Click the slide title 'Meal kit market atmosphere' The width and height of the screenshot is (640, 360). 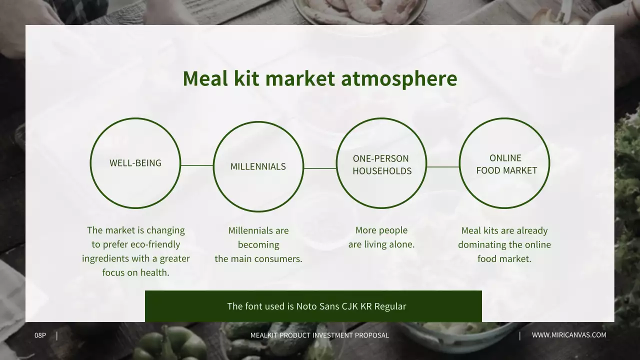[x=319, y=79]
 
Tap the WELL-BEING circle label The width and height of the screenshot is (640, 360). [x=135, y=163]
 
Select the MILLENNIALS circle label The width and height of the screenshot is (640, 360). [x=258, y=166]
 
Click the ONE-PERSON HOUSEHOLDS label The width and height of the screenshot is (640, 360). [x=381, y=164]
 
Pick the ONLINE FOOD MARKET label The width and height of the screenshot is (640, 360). [x=506, y=164]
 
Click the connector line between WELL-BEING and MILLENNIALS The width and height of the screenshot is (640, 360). [x=197, y=165]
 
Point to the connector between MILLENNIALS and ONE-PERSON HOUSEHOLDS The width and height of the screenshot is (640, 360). [x=320, y=168]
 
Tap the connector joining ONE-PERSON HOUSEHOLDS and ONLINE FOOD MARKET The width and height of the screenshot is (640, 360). [x=443, y=167]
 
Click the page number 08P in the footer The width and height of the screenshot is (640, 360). [x=40, y=335]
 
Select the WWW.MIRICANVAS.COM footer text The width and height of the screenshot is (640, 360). [x=569, y=335]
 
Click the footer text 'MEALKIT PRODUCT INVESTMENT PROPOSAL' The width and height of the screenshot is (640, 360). [x=319, y=335]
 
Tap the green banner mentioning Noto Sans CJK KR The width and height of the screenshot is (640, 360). [x=313, y=306]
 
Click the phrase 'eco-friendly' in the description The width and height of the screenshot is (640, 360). [x=155, y=244]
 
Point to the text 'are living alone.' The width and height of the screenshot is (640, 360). [x=381, y=244]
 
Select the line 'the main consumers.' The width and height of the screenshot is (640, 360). [x=258, y=259]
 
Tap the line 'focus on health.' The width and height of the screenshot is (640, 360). [x=136, y=272]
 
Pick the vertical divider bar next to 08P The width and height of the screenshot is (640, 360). [x=56, y=335]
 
